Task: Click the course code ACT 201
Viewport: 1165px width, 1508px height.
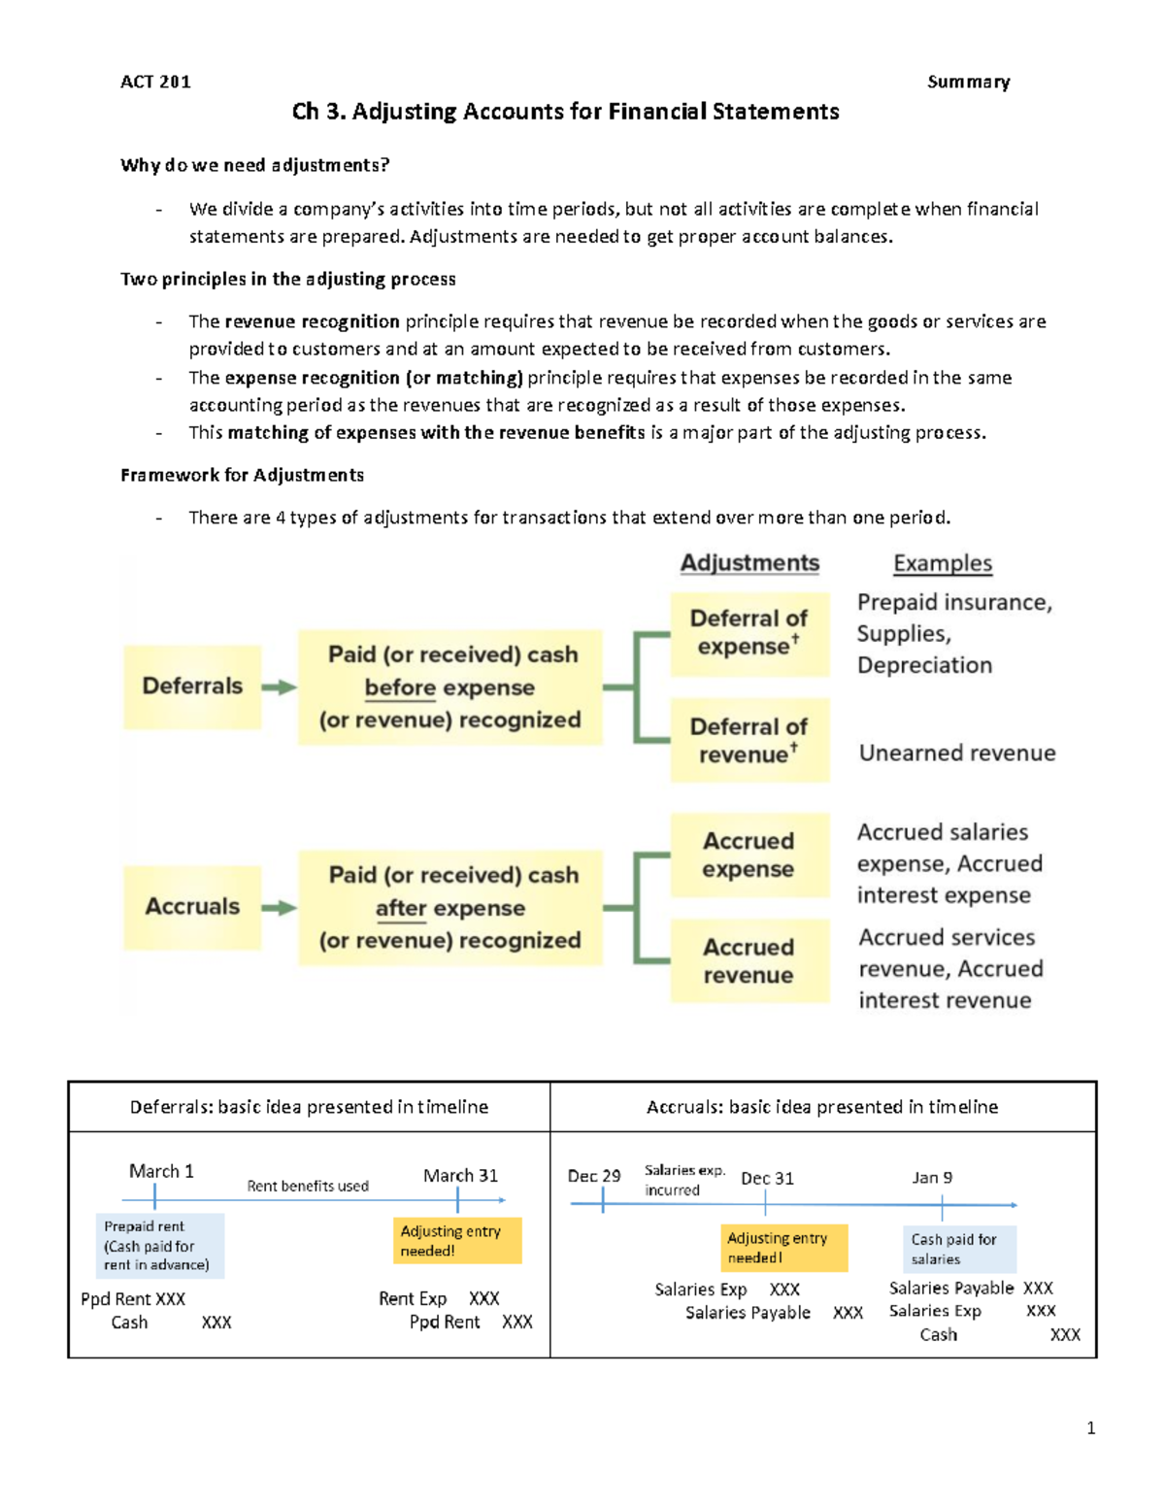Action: tap(155, 82)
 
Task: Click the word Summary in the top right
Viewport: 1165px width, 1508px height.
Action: tap(968, 82)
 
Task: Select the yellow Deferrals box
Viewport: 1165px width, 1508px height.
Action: tap(192, 687)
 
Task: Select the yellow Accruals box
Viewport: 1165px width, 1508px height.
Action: tap(192, 907)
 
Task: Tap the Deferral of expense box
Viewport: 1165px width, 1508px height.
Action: tap(749, 633)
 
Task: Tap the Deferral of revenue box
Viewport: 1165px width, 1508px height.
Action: tap(749, 741)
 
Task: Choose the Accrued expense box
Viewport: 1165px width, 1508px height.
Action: tap(749, 855)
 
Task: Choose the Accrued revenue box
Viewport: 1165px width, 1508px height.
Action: tap(749, 961)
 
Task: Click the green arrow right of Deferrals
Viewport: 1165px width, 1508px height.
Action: tap(280, 687)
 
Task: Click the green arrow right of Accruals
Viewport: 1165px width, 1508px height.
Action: tap(280, 908)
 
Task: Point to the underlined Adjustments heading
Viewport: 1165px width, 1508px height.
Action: tap(749, 563)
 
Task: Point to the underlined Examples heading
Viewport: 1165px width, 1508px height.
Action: tap(943, 563)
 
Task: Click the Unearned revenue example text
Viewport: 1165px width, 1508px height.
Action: tap(957, 753)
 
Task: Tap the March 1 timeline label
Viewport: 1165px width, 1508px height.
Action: tap(161, 1171)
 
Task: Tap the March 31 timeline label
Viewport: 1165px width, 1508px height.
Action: tap(460, 1175)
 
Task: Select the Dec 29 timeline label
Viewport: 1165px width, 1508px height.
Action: tap(594, 1176)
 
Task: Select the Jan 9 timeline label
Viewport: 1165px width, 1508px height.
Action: tap(932, 1177)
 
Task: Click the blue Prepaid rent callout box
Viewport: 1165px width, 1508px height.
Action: tap(159, 1246)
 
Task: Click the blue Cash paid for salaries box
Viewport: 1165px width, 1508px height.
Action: tap(959, 1249)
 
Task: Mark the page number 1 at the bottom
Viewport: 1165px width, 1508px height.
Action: tap(1091, 1427)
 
